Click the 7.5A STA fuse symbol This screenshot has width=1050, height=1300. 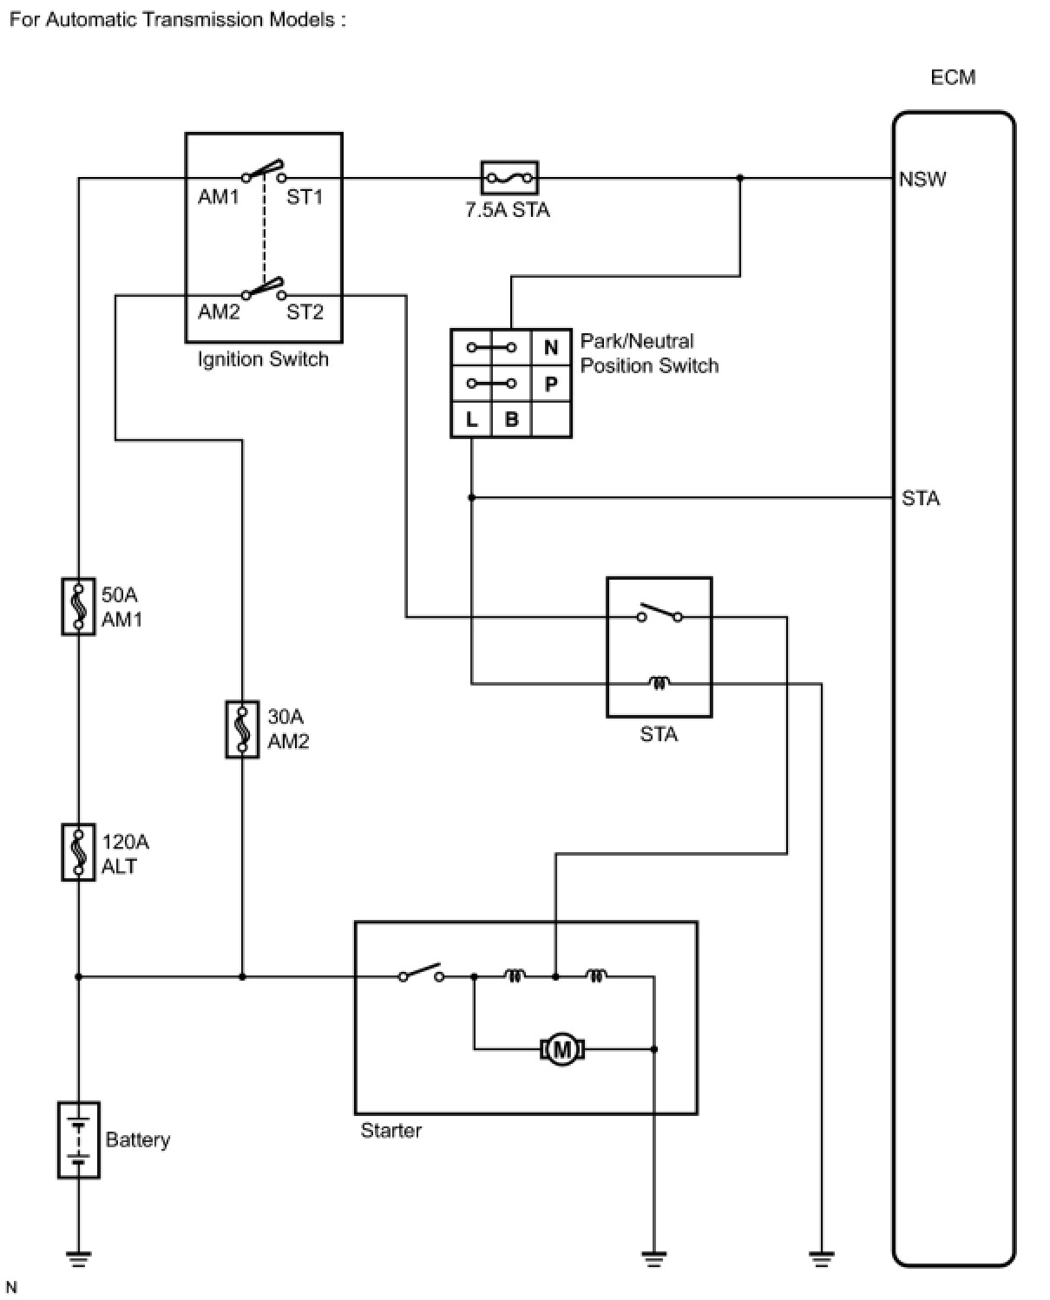click(509, 178)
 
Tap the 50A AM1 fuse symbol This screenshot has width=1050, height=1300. click(78, 607)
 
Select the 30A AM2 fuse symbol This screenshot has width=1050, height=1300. click(242, 729)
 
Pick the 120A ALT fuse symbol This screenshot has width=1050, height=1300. click(78, 852)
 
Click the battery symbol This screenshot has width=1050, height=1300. click(79, 1139)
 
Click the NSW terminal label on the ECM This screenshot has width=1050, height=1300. click(922, 179)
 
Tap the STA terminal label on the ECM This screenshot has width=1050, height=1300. click(920, 498)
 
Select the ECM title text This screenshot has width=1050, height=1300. click(953, 77)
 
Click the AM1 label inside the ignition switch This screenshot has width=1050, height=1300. click(219, 196)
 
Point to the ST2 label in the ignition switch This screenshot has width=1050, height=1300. click(305, 312)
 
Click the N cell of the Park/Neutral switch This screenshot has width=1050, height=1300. click(551, 348)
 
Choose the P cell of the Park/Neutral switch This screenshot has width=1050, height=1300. click(551, 384)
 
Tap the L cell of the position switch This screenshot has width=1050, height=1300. click(471, 419)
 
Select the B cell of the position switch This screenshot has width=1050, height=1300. click(511, 419)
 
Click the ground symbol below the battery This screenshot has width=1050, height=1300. click(79, 1258)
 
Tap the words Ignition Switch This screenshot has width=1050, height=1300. click(263, 359)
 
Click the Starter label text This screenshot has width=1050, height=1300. click(390, 1130)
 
